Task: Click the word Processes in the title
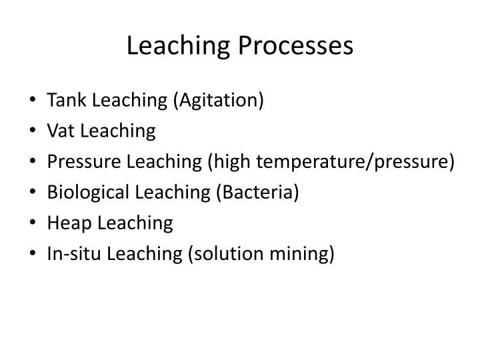coord(301,45)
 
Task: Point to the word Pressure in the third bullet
coord(79,162)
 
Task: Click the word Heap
coord(67,223)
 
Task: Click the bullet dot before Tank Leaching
coord(33,101)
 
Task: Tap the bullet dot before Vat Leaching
coord(33,132)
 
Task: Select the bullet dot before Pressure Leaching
coord(33,163)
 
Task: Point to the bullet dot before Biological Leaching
coord(33,193)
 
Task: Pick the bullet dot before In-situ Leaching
coord(33,255)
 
